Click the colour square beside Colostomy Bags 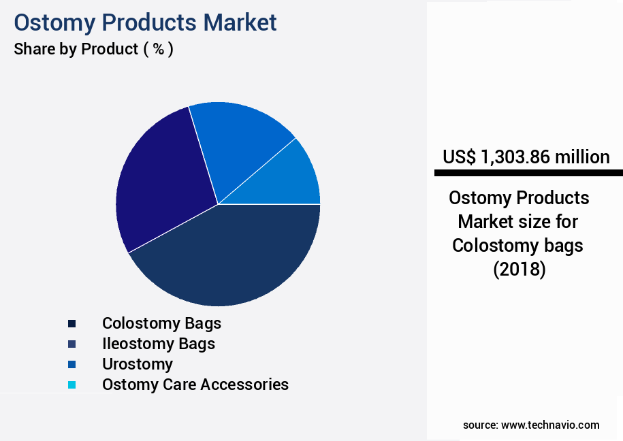pos(71,323)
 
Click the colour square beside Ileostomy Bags pos(71,344)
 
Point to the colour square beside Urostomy pos(71,364)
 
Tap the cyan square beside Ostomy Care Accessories pos(71,385)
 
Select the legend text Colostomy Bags pos(161,323)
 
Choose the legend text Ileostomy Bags pos(158,343)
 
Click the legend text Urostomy pos(137,363)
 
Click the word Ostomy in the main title pos(55,22)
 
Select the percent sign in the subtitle pos(158,49)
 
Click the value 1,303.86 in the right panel pos(515,157)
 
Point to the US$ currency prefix pos(459,157)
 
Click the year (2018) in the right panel pos(519,269)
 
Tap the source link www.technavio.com pos(550,425)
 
